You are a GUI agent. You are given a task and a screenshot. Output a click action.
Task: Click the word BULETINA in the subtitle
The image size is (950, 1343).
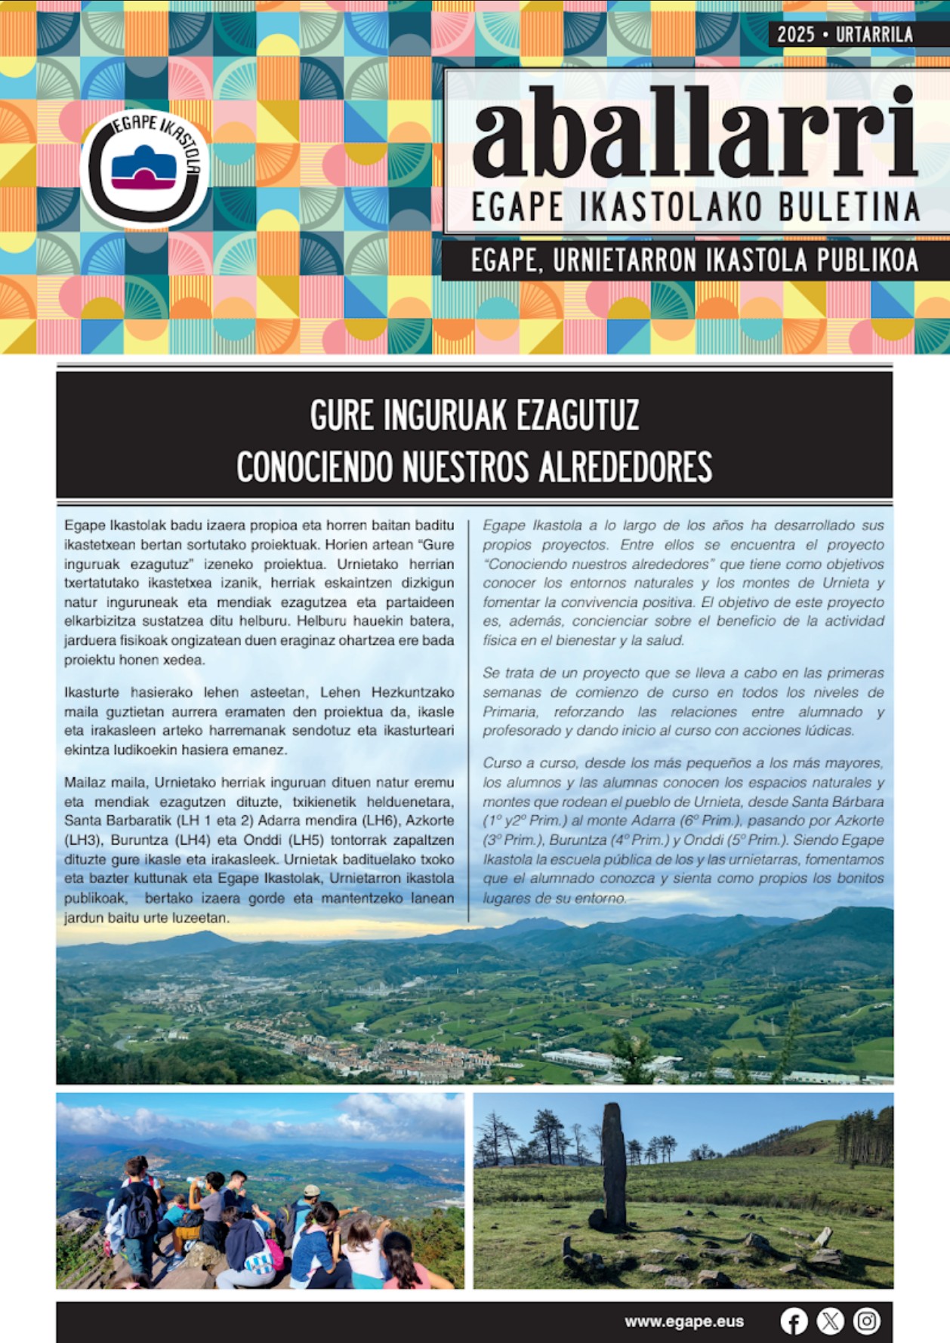(x=849, y=208)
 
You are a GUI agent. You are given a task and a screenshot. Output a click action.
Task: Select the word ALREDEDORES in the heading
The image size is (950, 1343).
(x=625, y=467)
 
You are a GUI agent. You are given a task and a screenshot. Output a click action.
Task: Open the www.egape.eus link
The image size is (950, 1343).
(x=683, y=1321)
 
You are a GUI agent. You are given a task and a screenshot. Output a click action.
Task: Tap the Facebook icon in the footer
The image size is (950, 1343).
(x=794, y=1321)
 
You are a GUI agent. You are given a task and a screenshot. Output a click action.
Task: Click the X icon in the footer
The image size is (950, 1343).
(x=830, y=1321)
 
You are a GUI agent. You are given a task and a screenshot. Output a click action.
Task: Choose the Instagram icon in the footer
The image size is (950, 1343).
(x=866, y=1321)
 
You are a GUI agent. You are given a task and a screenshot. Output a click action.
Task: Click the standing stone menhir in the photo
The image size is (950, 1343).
(x=614, y=1163)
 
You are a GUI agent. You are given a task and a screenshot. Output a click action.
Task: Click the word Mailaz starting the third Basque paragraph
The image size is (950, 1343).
(x=83, y=783)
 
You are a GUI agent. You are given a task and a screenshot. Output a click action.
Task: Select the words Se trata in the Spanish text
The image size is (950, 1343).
(x=510, y=673)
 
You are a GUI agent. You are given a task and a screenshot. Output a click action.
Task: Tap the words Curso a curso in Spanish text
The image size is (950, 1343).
(x=530, y=763)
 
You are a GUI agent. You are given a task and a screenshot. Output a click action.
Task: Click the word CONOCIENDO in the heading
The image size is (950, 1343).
(x=316, y=467)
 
